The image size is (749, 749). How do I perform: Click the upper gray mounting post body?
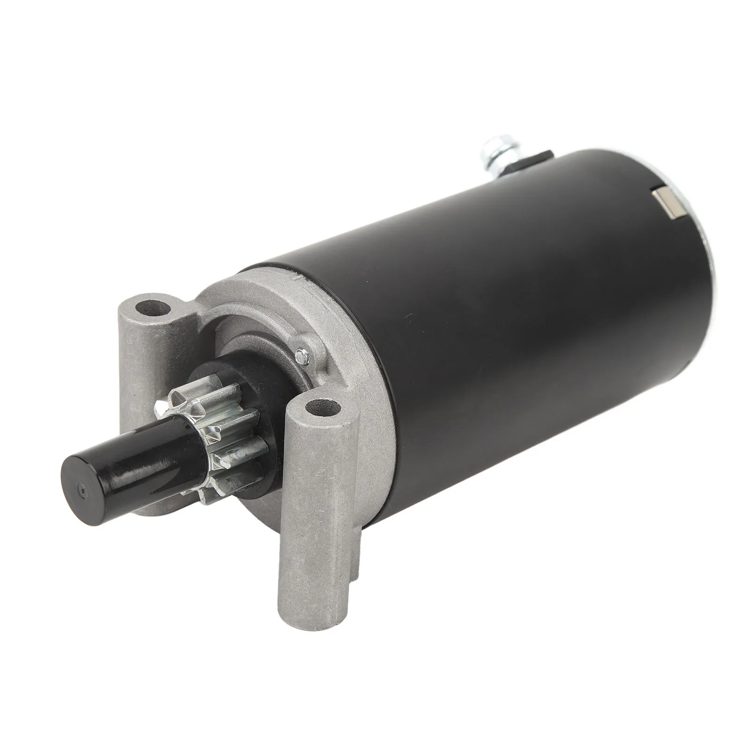tap(140, 356)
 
